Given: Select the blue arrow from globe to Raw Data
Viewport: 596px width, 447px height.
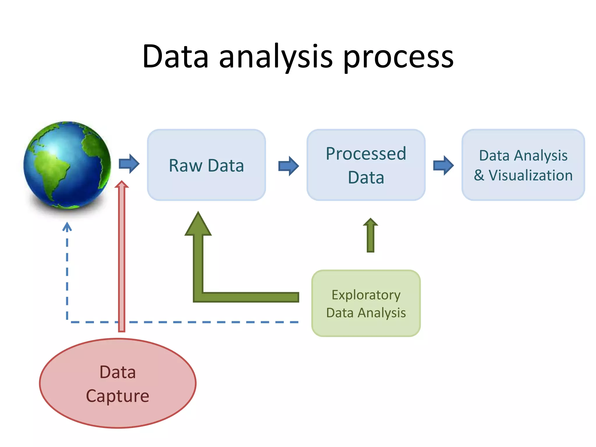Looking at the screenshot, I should [129, 164].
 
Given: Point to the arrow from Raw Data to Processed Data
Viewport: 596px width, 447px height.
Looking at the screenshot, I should [288, 166].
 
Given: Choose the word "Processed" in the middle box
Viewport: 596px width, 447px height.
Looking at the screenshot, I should [366, 154].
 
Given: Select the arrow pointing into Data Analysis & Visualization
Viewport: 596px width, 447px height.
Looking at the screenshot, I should [443, 165].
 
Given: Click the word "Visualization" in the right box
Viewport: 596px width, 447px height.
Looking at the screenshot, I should [530, 175].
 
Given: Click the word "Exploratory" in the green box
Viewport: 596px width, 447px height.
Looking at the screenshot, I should [366, 295].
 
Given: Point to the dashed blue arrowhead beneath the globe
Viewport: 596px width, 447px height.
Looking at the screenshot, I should [67, 226].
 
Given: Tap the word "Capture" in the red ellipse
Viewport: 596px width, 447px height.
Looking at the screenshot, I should [118, 396].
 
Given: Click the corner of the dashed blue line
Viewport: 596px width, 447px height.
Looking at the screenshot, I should [67, 322].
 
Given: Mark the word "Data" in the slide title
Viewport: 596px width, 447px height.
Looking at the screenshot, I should [175, 57].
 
